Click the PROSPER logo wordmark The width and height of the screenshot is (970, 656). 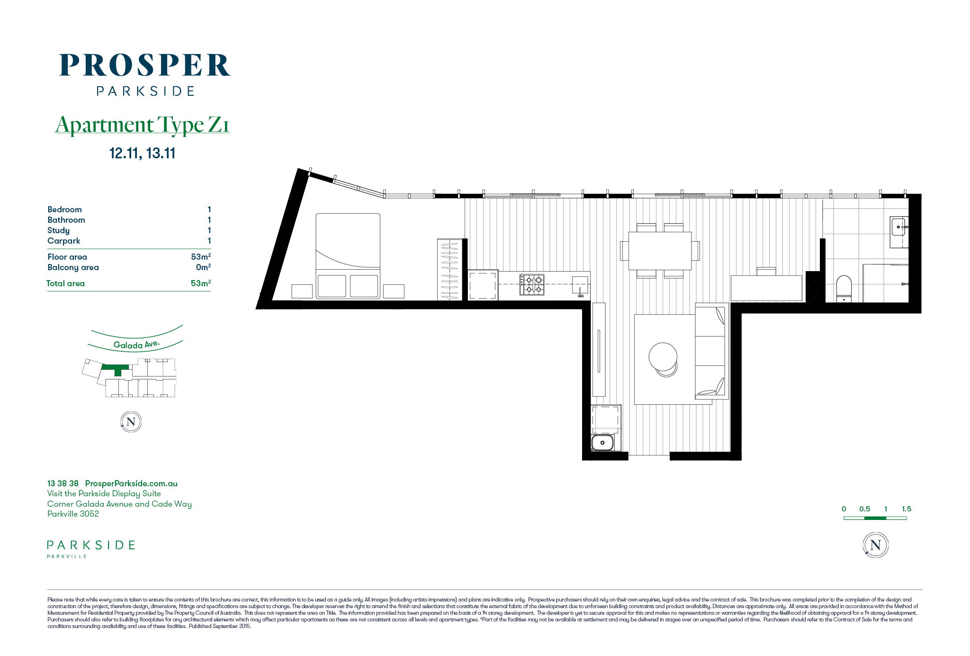point(145,65)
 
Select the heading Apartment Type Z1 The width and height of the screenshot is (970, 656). point(143,125)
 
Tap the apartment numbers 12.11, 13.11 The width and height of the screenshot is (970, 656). point(142,153)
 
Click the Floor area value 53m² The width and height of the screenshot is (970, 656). point(201,256)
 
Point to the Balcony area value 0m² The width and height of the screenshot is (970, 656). point(204,267)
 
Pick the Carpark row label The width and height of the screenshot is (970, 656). point(64,241)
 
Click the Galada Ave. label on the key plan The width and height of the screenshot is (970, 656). point(136,345)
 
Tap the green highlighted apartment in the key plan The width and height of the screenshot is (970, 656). point(116,369)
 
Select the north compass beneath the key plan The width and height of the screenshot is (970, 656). point(131,422)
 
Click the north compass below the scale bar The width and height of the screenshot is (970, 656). point(876,545)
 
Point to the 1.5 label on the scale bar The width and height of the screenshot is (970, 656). point(907,509)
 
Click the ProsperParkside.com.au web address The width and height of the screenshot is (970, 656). point(131,483)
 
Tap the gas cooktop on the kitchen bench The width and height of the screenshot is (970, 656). point(532,284)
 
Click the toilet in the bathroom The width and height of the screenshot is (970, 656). point(844,289)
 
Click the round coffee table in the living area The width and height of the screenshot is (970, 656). point(663,357)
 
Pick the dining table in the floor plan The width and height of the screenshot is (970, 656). point(660,251)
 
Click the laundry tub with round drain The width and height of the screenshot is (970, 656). point(602,443)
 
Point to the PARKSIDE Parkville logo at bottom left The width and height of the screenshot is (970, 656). point(91,549)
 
